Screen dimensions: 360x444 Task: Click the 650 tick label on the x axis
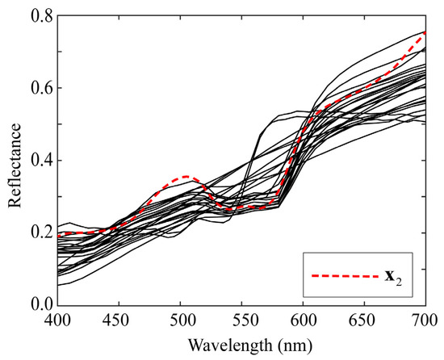tap(364, 320)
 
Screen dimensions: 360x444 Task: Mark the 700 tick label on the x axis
tap(423, 320)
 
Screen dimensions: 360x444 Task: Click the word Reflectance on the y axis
tap(14, 160)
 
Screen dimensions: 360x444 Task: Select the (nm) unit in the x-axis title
tap(279, 345)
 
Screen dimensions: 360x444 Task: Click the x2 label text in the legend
tap(395, 277)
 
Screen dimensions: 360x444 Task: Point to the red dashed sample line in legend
tap(346, 277)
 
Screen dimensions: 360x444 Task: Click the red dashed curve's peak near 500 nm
tap(186, 176)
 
